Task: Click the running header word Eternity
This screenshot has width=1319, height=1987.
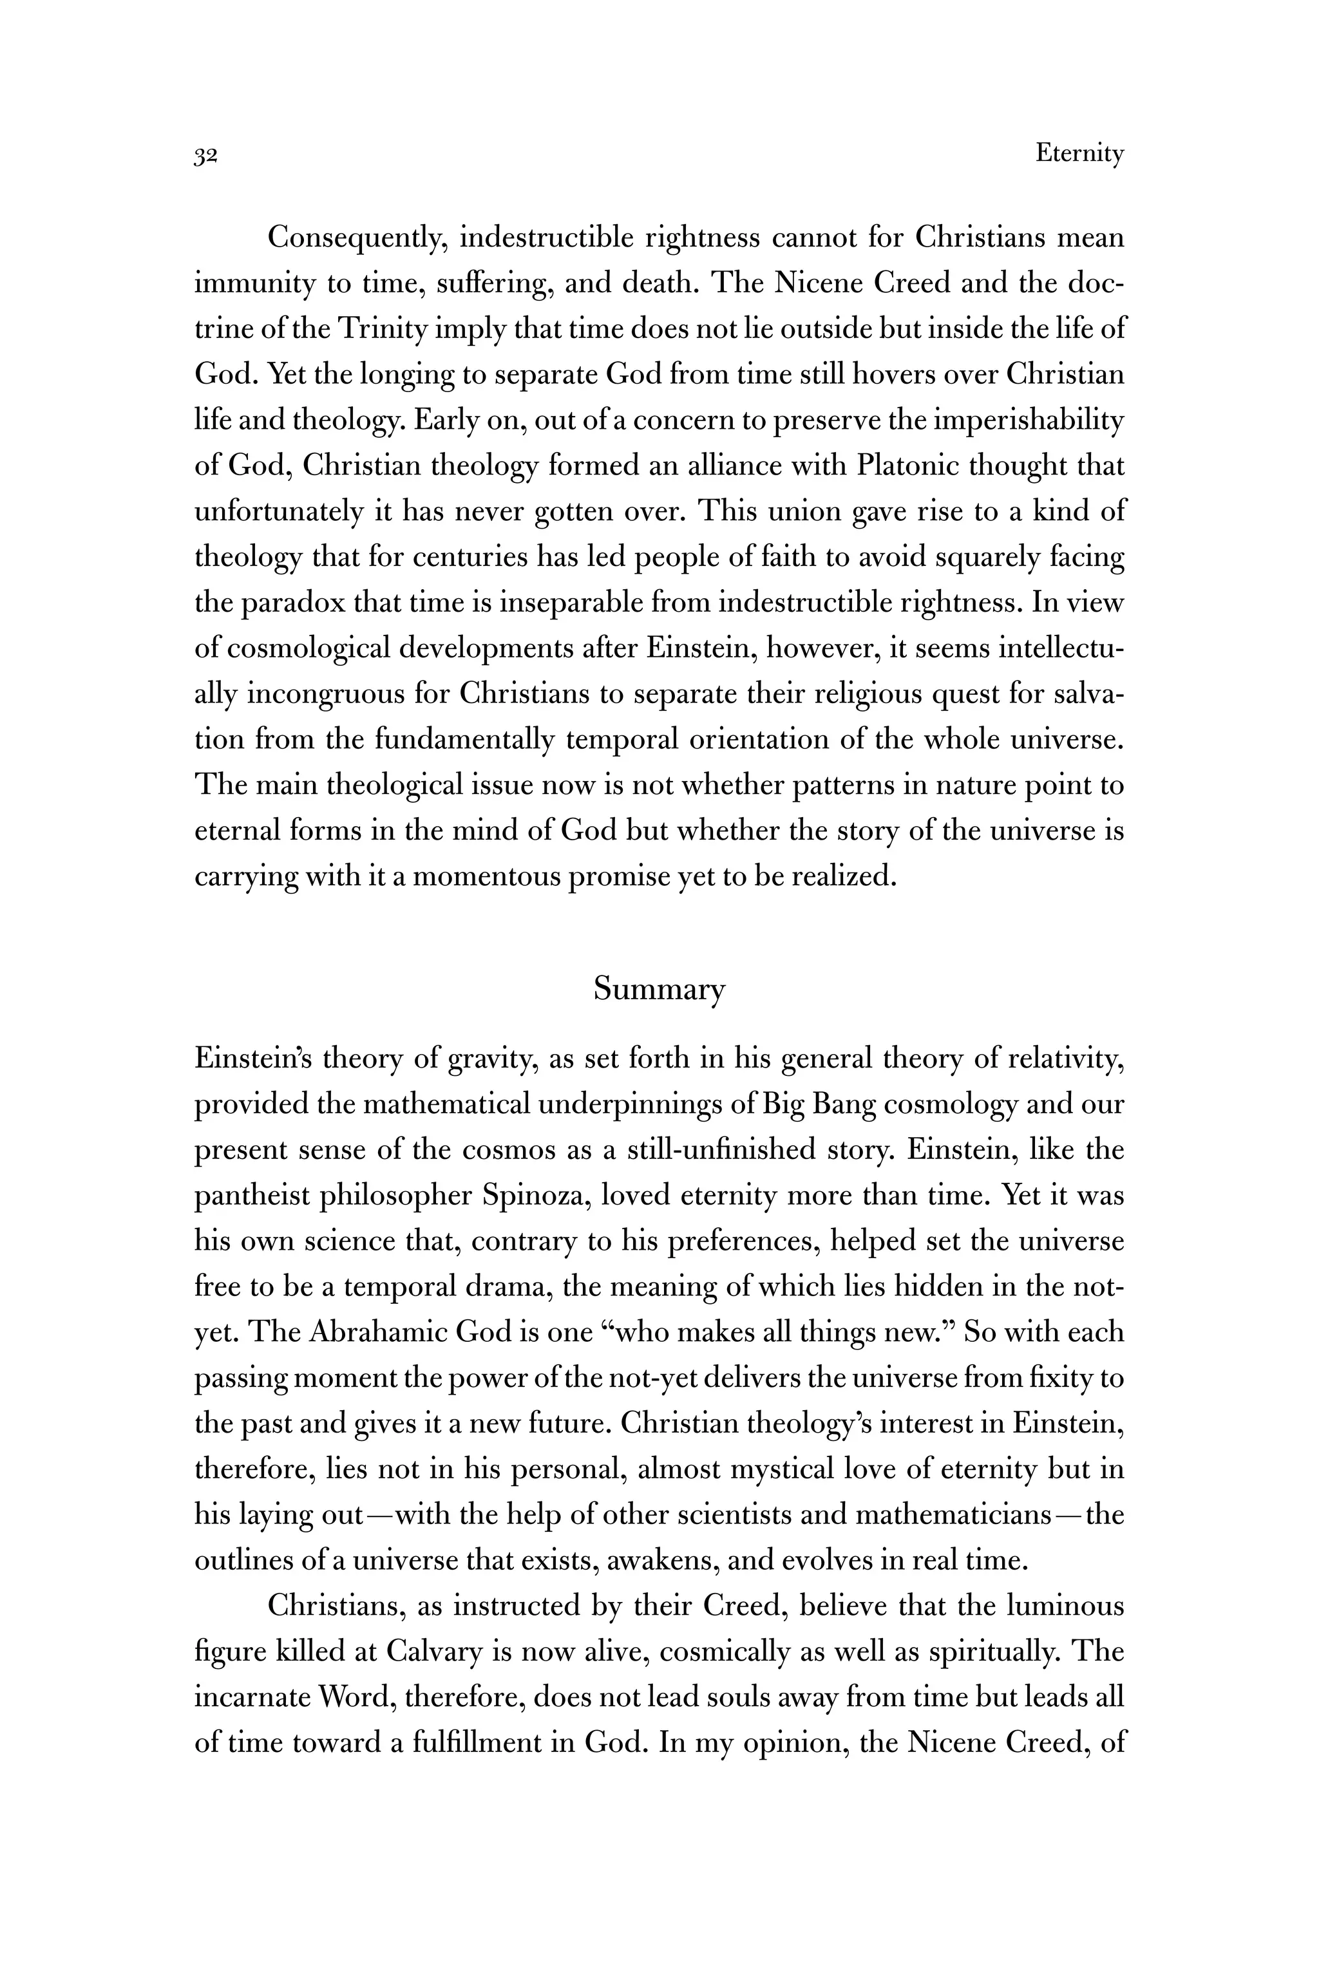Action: (1079, 154)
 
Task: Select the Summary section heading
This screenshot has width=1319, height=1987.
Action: (659, 989)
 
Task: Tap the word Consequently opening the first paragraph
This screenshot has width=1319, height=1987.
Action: (356, 238)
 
